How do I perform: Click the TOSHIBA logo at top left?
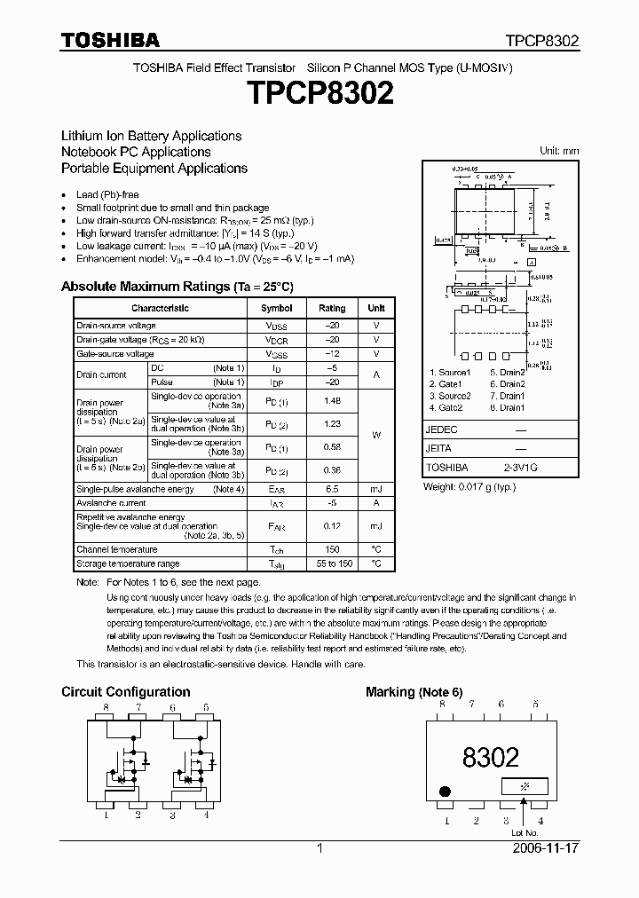pos(110,40)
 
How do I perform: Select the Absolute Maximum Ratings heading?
pos(177,287)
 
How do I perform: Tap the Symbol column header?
pos(276,308)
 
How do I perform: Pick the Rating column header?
pos(332,308)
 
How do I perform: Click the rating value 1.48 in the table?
pos(332,400)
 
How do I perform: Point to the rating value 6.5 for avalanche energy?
pos(332,489)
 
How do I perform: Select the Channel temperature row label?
pos(117,549)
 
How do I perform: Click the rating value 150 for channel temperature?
pos(332,549)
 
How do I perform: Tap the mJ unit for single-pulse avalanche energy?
pos(376,489)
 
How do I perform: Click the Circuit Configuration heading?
pos(125,691)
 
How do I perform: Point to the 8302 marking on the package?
pos(490,756)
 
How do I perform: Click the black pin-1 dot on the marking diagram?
pos(445,791)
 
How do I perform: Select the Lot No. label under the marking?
pos(525,832)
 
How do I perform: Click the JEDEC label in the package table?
pos(442,429)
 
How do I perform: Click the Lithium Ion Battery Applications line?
pos(151,136)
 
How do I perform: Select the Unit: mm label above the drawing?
pos(559,151)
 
